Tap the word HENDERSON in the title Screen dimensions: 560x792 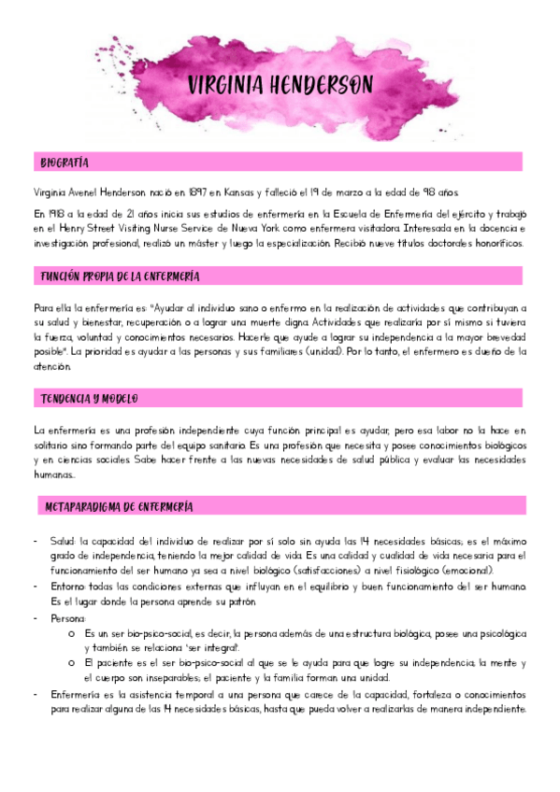tap(323, 86)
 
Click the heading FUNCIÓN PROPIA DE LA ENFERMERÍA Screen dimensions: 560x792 tap(119, 276)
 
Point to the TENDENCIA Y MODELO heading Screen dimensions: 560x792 tap(90, 399)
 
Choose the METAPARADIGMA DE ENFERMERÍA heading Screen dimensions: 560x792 tap(119, 506)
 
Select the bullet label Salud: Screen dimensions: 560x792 tap(61, 540)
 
